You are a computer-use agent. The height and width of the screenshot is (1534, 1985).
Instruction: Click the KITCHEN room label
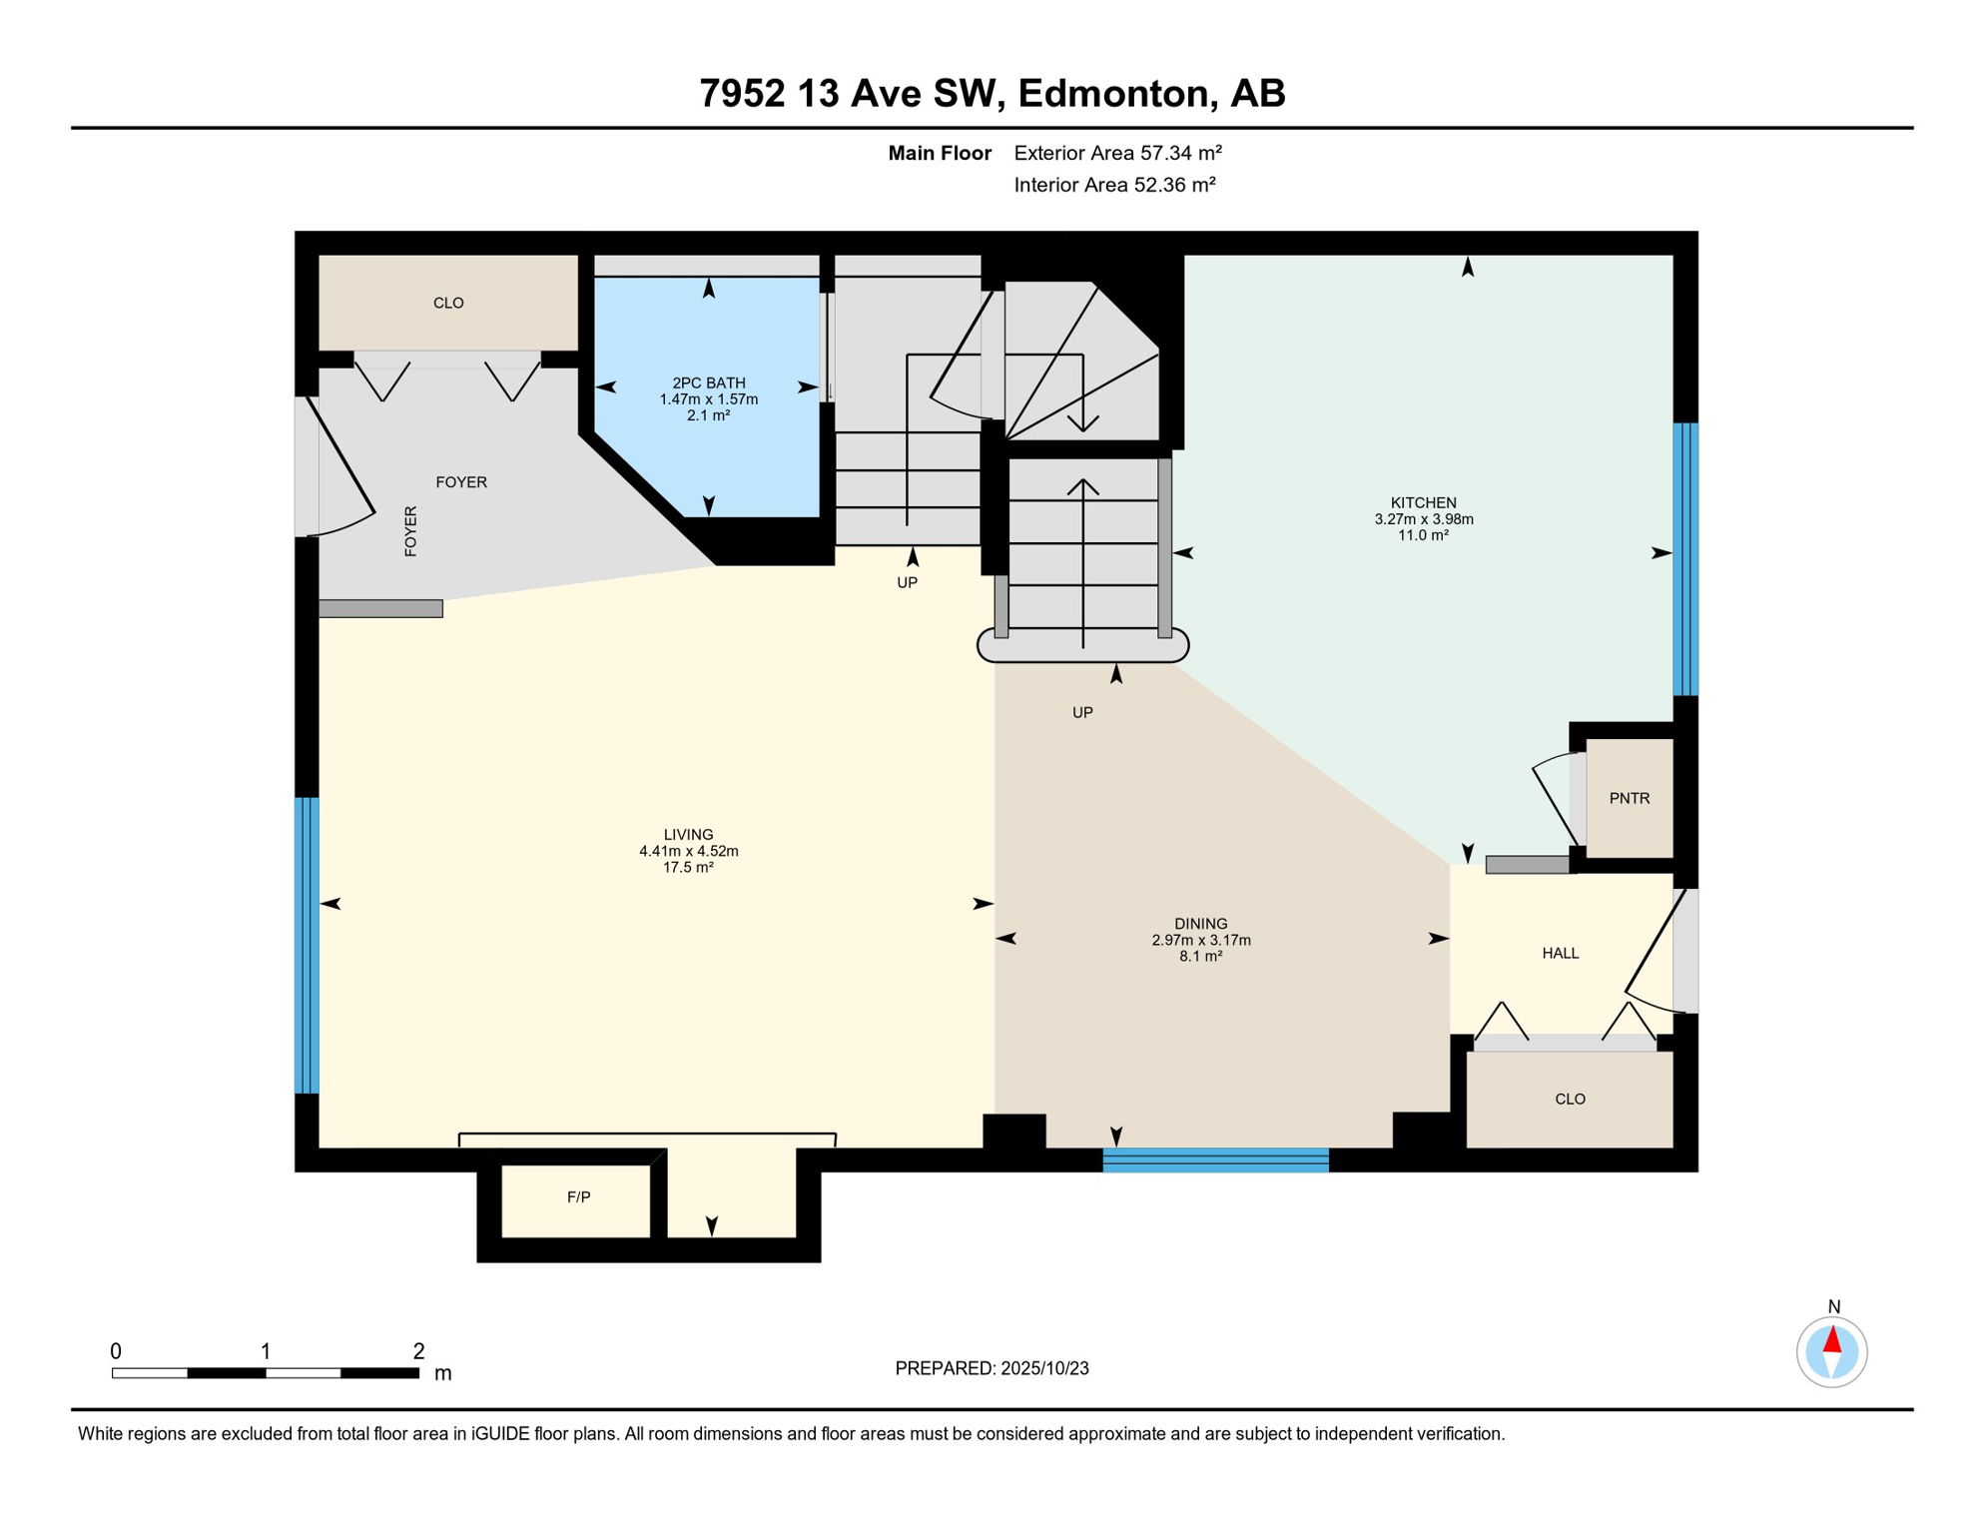click(x=1423, y=502)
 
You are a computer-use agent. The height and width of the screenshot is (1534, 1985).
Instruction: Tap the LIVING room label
click(x=688, y=834)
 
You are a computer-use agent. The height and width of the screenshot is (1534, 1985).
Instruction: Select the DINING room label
click(x=1200, y=923)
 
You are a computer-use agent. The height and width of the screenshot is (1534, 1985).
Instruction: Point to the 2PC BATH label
click(x=708, y=383)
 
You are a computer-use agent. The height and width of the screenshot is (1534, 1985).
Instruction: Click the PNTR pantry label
click(x=1629, y=798)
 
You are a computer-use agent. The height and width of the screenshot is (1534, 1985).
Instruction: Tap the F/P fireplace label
click(x=578, y=1196)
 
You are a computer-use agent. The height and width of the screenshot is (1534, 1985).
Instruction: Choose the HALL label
click(x=1560, y=953)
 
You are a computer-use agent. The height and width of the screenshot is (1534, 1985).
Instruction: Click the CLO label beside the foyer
click(x=448, y=303)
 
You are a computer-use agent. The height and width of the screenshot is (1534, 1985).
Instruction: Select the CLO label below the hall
click(x=1570, y=1099)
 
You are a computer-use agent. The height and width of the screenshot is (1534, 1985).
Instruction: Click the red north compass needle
click(x=1831, y=1339)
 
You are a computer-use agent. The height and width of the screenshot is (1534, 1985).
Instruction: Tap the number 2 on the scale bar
click(x=418, y=1351)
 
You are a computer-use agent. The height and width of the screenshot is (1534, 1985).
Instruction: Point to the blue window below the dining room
click(x=1215, y=1159)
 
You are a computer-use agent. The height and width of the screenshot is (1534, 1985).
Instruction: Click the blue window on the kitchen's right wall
click(x=1685, y=559)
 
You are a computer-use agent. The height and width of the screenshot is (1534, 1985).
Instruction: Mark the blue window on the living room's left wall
click(x=307, y=946)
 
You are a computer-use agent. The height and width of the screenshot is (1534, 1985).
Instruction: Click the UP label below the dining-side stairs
click(x=1082, y=712)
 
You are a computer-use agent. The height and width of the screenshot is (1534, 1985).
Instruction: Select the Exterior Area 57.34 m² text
click(x=1117, y=153)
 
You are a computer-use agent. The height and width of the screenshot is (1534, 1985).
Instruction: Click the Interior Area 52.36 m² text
click(x=1114, y=185)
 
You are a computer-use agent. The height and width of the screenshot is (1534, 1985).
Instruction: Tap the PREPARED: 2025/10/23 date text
click(x=992, y=1368)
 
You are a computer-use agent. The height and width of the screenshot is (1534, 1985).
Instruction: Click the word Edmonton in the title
click(x=1115, y=94)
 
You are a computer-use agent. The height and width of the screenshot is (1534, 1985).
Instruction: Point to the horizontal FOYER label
click(x=461, y=481)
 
